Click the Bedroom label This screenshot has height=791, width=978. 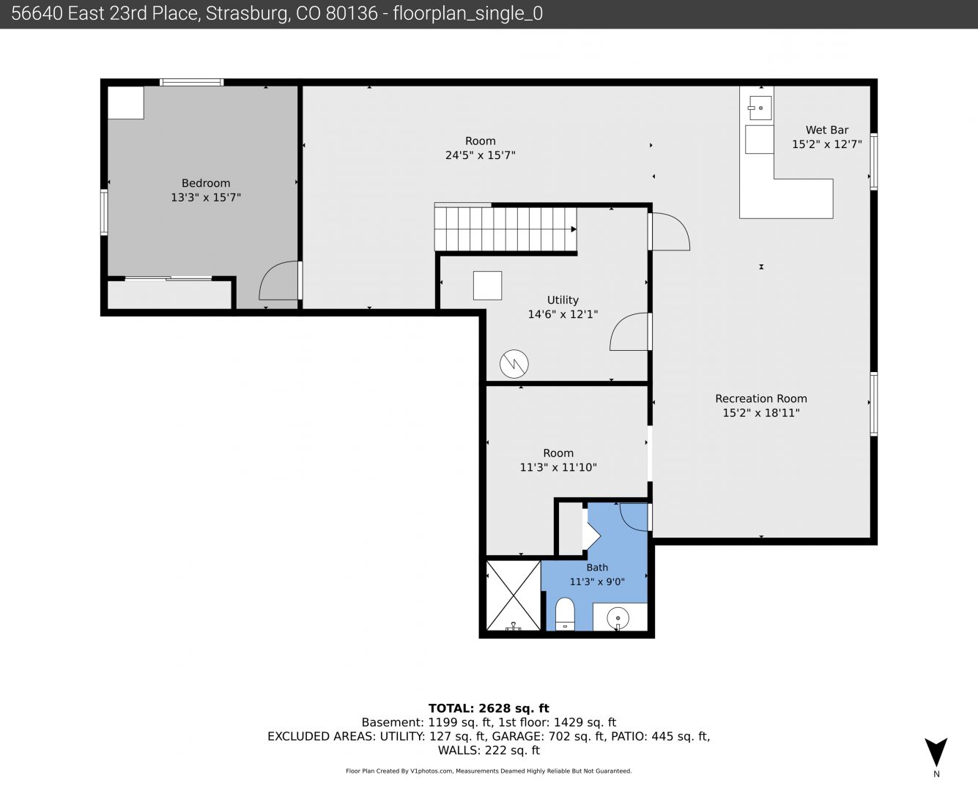point(206,183)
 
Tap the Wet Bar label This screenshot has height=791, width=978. point(827,130)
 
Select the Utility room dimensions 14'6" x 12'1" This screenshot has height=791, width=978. point(563,314)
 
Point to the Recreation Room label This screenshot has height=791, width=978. point(761,398)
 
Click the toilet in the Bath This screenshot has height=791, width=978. point(565,614)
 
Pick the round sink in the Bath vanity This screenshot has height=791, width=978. point(618,617)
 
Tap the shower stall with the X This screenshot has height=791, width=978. point(514,595)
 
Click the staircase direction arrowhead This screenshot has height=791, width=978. point(574,229)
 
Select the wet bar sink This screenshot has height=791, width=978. point(760,108)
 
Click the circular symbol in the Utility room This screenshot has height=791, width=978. point(514,364)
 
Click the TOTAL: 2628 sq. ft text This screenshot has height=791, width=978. point(489,708)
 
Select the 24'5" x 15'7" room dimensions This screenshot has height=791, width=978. point(481,155)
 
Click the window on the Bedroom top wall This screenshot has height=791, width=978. point(191,83)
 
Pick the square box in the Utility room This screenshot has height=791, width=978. point(488,286)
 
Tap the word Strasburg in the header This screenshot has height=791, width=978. point(248,14)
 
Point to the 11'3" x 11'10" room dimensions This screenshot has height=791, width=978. point(558,467)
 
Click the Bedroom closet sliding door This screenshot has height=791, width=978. point(168,278)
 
